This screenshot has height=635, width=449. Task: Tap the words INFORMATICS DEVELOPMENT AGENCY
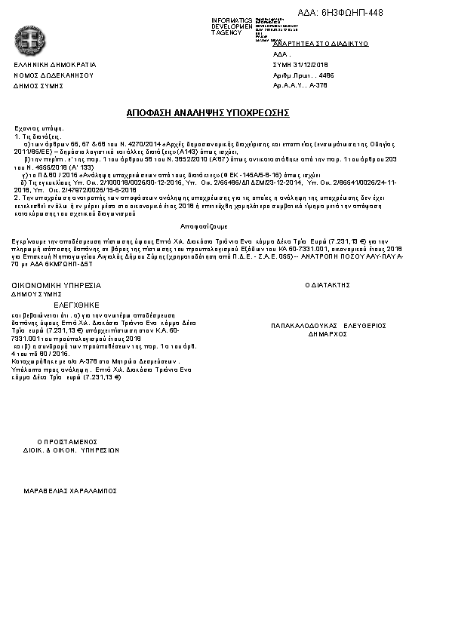(231, 26)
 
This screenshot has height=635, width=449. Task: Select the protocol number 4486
(326, 75)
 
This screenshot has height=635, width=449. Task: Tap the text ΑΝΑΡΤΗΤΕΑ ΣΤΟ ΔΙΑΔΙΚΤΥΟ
(320, 44)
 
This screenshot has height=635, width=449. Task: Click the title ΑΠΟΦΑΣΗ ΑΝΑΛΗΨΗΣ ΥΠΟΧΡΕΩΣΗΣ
(208, 112)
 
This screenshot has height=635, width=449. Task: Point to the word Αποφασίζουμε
(204, 226)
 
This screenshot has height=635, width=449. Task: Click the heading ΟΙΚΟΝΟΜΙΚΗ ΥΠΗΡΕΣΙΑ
(56, 285)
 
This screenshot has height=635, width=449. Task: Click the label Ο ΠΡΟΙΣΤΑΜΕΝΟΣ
(69, 441)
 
